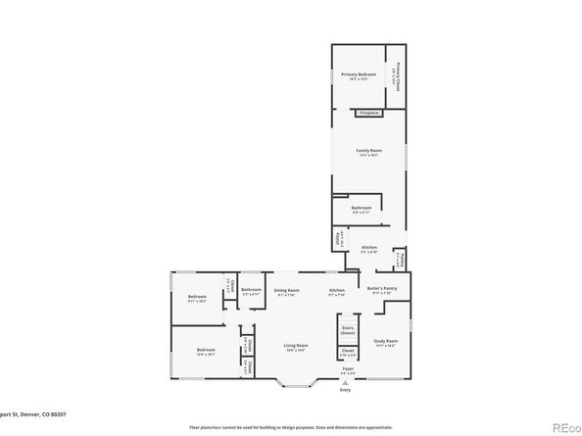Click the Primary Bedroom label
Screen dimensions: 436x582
[359, 76]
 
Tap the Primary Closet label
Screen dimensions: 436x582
[399, 76]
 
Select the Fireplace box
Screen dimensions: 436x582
[368, 113]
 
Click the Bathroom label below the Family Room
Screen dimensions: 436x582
[353, 208]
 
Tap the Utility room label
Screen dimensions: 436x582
[338, 237]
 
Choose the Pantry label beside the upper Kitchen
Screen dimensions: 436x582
[401, 261]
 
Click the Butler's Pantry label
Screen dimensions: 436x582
[381, 290]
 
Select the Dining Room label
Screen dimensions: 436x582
[286, 292]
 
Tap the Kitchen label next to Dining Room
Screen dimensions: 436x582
[336, 292]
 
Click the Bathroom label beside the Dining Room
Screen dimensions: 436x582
[252, 291]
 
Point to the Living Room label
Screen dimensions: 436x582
[296, 347]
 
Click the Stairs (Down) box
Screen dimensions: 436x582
[348, 330]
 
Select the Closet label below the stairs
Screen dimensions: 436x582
[348, 352]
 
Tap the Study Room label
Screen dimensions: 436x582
[384, 342]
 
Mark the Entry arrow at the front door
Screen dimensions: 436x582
[344, 384]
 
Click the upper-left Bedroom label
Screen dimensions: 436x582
[197, 298]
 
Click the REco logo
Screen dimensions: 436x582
[564, 426]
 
